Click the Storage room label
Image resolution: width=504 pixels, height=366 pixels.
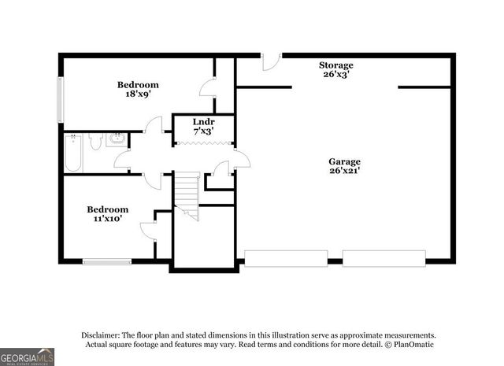coord(335,65)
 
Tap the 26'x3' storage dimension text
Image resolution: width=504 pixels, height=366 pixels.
coord(335,75)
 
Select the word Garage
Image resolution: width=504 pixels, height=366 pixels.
coord(344,161)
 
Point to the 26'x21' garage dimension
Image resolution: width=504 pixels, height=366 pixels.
coord(344,171)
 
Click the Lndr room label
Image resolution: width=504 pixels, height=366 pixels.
coord(203,122)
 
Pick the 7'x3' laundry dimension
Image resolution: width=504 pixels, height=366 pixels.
coord(203,131)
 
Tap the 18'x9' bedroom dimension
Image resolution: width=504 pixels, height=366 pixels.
coord(138,94)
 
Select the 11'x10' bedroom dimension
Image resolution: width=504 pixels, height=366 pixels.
coord(107,220)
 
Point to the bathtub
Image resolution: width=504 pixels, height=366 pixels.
coord(73,153)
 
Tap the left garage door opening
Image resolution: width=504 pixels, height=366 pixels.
coord(286,258)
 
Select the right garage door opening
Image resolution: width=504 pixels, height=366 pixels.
coord(384,258)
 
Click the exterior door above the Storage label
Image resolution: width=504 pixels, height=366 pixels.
coord(270,57)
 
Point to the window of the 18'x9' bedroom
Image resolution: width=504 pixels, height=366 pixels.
coord(60,99)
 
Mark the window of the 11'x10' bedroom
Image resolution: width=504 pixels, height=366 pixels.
coord(107,261)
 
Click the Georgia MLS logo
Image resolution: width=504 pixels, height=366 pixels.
coord(28,357)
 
